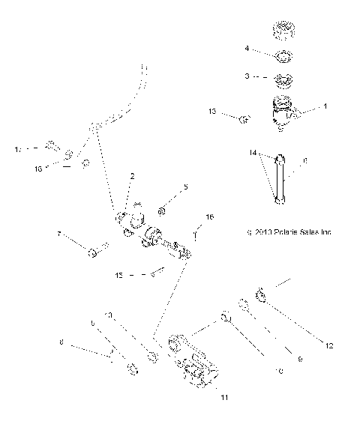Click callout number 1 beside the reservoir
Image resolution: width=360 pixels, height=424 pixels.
[x=325, y=107]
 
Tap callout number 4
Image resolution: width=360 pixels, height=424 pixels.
[x=246, y=49]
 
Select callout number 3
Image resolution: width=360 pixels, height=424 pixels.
[x=246, y=76]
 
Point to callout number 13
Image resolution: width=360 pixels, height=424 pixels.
[x=212, y=112]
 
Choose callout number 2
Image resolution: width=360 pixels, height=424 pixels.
[x=132, y=177]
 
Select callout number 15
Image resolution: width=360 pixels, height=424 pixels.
[x=120, y=276]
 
